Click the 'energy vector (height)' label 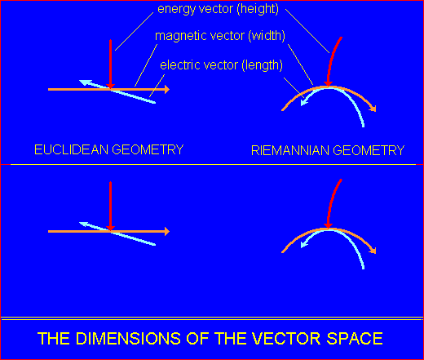point(218,9)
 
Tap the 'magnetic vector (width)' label point(220,36)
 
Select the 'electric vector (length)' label point(221,65)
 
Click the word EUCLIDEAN point(72,149)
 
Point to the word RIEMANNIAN point(290,150)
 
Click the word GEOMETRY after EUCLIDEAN point(148,149)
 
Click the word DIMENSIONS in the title point(128,339)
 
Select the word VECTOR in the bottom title point(286,339)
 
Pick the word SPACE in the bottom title point(355,339)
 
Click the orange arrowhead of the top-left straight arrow point(166,89)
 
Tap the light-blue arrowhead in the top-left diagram point(84,82)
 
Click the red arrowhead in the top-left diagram point(110,87)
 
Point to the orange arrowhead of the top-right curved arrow point(373,108)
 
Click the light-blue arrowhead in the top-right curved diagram point(304,103)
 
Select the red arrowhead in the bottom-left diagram point(110,229)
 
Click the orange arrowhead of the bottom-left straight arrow point(166,231)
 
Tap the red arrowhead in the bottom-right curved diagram point(329,225)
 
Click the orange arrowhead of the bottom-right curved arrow point(373,250)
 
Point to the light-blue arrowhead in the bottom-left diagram point(84,224)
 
